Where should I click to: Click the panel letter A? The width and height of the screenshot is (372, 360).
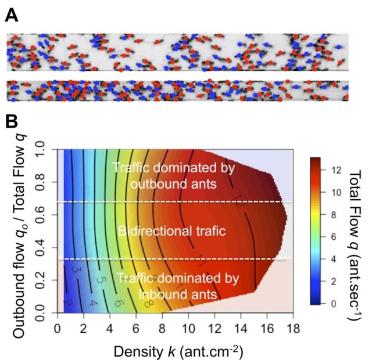(x=11, y=16)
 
